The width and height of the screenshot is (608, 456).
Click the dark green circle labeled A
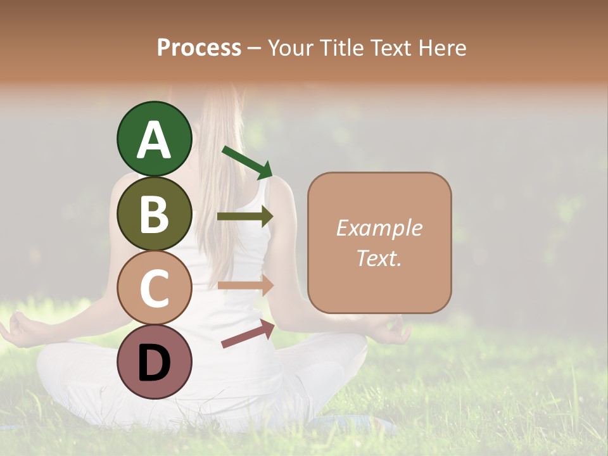pyautogui.click(x=155, y=139)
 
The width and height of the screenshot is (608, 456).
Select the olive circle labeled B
pyautogui.click(x=155, y=213)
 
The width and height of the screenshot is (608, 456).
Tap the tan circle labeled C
pyautogui.click(x=155, y=288)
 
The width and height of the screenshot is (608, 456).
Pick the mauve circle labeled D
pyautogui.click(x=155, y=362)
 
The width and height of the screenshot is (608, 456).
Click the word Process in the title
pyautogui.click(x=199, y=47)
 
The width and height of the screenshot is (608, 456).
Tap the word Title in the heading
pyautogui.click(x=341, y=47)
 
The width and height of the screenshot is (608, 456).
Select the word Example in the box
pyautogui.click(x=379, y=228)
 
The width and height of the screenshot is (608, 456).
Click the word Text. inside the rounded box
pyautogui.click(x=379, y=258)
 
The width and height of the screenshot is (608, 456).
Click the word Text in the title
pyautogui.click(x=389, y=47)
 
